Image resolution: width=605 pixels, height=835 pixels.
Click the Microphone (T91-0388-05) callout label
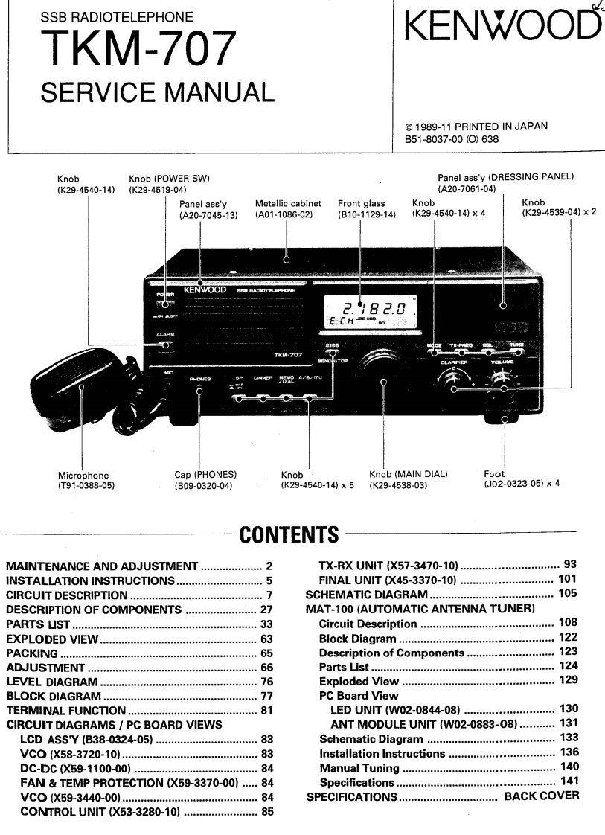click(x=86, y=480)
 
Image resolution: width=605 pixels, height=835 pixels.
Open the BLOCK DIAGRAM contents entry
click(x=54, y=696)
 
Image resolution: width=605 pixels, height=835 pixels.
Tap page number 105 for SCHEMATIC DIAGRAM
click(x=565, y=595)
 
